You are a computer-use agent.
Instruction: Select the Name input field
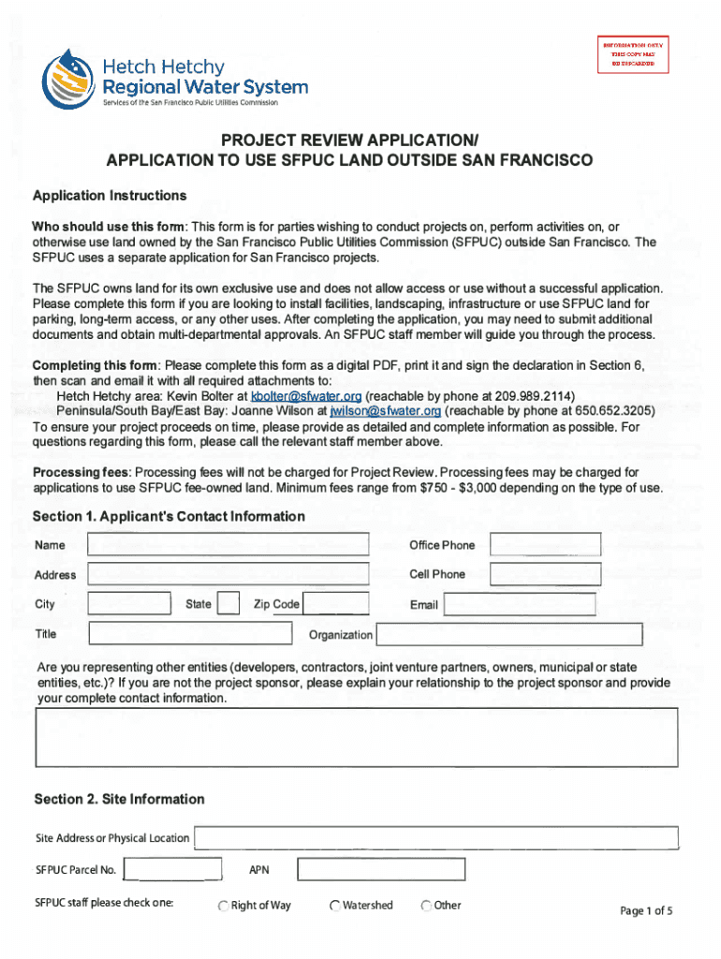(x=228, y=545)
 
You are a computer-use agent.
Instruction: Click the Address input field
(x=228, y=574)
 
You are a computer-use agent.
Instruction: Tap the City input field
(x=129, y=604)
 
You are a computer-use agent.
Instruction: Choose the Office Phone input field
(x=547, y=545)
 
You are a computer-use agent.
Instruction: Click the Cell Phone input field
(x=547, y=574)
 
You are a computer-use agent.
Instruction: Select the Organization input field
(x=509, y=635)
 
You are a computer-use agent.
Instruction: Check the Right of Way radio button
(x=224, y=906)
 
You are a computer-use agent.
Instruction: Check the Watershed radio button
(x=335, y=906)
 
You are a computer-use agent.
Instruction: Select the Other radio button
(x=426, y=906)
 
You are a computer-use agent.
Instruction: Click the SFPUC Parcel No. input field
(x=172, y=870)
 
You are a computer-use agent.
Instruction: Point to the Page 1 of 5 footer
(x=646, y=910)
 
